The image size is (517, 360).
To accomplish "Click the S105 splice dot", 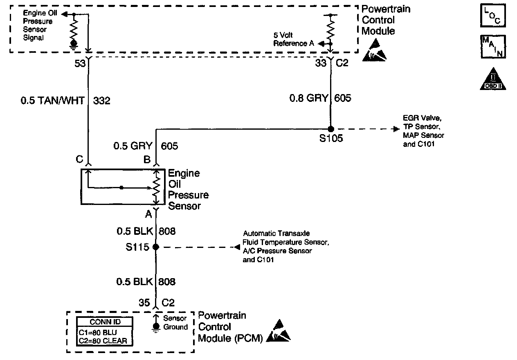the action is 331,129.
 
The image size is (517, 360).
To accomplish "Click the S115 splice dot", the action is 156,247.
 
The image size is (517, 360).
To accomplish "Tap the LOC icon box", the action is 493,16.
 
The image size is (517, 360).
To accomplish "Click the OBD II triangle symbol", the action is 493,79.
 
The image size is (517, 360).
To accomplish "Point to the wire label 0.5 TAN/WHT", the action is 53,101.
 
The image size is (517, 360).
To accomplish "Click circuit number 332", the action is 101,101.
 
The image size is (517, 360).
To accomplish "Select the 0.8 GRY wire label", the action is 308,98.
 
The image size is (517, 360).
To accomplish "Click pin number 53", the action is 80,63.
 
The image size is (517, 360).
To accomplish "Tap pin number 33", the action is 321,63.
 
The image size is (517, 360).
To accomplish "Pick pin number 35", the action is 144,302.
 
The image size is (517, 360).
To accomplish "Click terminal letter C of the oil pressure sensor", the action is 79,159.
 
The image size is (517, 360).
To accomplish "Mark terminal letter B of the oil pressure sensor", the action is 147,160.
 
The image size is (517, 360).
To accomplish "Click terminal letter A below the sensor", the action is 148,214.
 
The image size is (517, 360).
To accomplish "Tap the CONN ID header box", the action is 105,322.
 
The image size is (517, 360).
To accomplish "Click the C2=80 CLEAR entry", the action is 103,341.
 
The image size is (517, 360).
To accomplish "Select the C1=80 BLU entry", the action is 98,333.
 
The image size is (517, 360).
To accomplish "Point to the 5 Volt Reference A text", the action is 294,39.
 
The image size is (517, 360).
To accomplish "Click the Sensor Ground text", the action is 175,323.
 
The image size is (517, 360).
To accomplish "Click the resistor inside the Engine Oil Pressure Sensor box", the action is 157,187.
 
